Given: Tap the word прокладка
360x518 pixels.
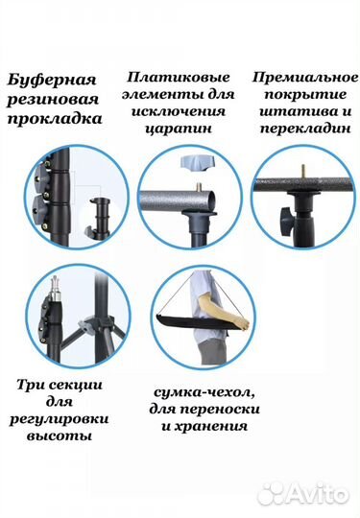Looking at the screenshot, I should point(55,120).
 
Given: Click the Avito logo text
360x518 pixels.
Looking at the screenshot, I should point(317,493).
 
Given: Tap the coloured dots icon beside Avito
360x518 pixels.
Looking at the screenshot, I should point(272,492).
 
